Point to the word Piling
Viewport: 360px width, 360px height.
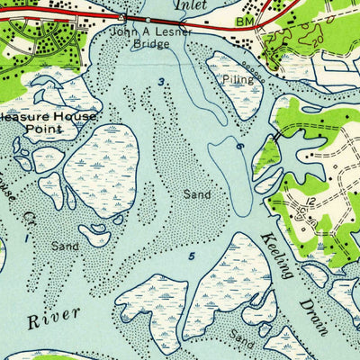(x=238, y=79)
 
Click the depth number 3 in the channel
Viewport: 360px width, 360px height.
(x=162, y=83)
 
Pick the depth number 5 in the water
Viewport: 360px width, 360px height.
(x=191, y=256)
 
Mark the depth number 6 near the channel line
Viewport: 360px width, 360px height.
(x=240, y=146)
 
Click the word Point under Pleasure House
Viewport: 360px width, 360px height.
(x=43, y=130)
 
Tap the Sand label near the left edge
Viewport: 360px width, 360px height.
(x=65, y=246)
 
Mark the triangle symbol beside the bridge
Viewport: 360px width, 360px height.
(x=121, y=17)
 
